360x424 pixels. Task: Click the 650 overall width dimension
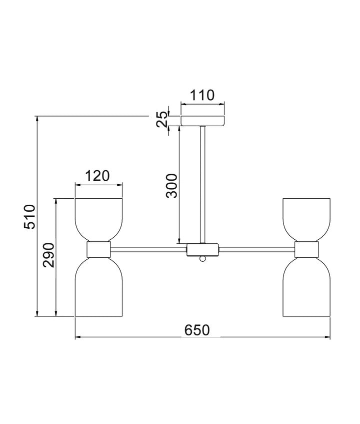point(197,330)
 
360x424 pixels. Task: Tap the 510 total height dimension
point(29,217)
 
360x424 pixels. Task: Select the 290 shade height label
point(48,255)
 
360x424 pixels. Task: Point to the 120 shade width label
point(97,176)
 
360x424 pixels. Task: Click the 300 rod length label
point(172,186)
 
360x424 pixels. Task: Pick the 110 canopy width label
point(202,95)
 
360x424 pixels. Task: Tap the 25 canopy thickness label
point(162,119)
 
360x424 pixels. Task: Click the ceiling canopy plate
point(202,121)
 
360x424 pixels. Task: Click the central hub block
point(202,250)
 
